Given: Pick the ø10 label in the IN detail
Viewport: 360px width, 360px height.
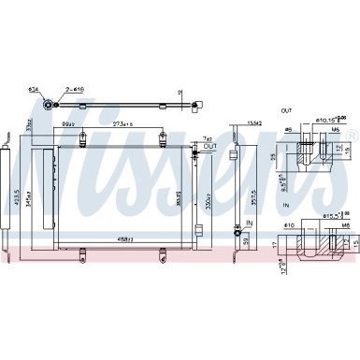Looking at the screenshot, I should click(x=288, y=225).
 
